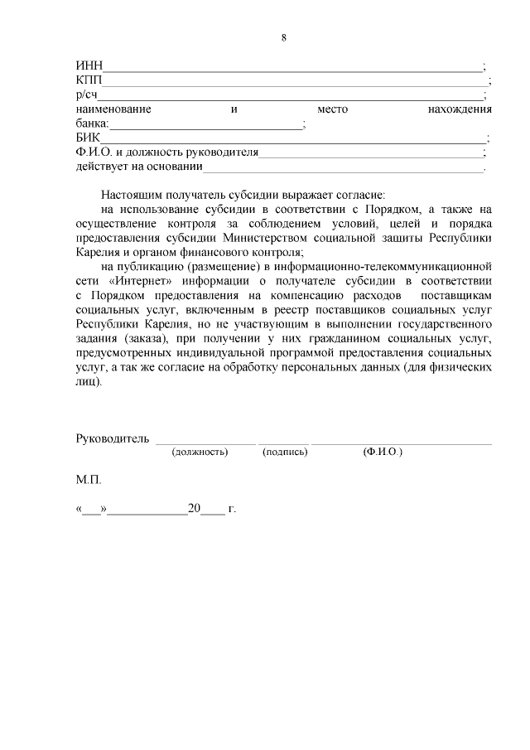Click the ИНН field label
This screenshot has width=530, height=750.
coord(88,66)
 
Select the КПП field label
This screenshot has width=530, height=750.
coord(88,80)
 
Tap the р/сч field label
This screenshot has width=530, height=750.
coord(86,95)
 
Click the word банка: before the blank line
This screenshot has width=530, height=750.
coord(92,124)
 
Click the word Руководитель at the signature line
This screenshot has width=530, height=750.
coord(112,438)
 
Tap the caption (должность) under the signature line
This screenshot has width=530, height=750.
coord(200,452)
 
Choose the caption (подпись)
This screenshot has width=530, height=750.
coord(285,452)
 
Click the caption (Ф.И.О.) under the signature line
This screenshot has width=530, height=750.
coord(383,452)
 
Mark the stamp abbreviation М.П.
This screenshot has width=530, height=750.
coord(88,480)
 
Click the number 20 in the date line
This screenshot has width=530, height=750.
coord(195,509)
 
